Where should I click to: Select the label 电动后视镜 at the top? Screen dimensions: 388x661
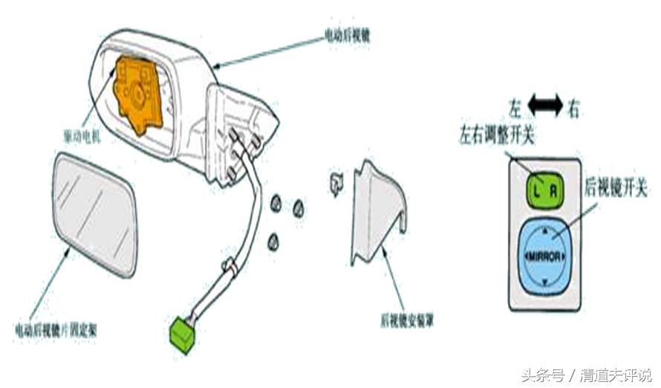click(x=347, y=35)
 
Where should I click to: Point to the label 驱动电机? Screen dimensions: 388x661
click(x=84, y=137)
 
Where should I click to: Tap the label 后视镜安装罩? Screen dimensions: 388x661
click(x=407, y=321)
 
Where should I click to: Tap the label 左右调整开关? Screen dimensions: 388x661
click(x=498, y=136)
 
